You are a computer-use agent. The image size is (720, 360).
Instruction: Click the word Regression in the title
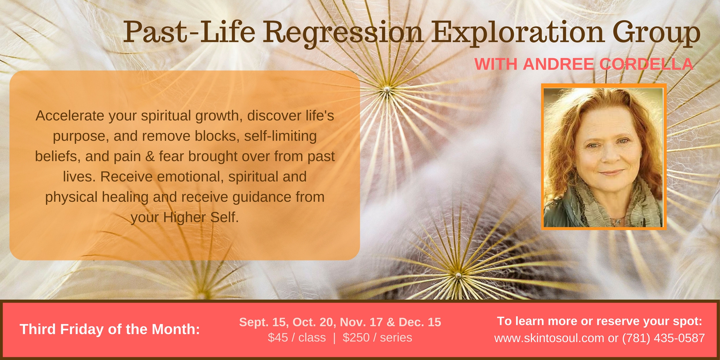click(343, 33)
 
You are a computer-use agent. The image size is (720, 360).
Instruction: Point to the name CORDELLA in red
click(646, 64)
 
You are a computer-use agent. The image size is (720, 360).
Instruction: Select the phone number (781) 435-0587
click(664, 338)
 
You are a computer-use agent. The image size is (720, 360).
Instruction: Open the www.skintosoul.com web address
click(549, 338)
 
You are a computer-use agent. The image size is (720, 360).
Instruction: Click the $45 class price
click(297, 338)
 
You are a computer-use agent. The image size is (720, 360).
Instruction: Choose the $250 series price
click(377, 338)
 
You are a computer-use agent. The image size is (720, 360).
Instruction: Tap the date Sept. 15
click(263, 322)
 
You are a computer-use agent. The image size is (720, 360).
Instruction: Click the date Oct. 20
click(315, 322)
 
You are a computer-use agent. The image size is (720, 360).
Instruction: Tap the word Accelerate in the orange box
click(70, 116)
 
